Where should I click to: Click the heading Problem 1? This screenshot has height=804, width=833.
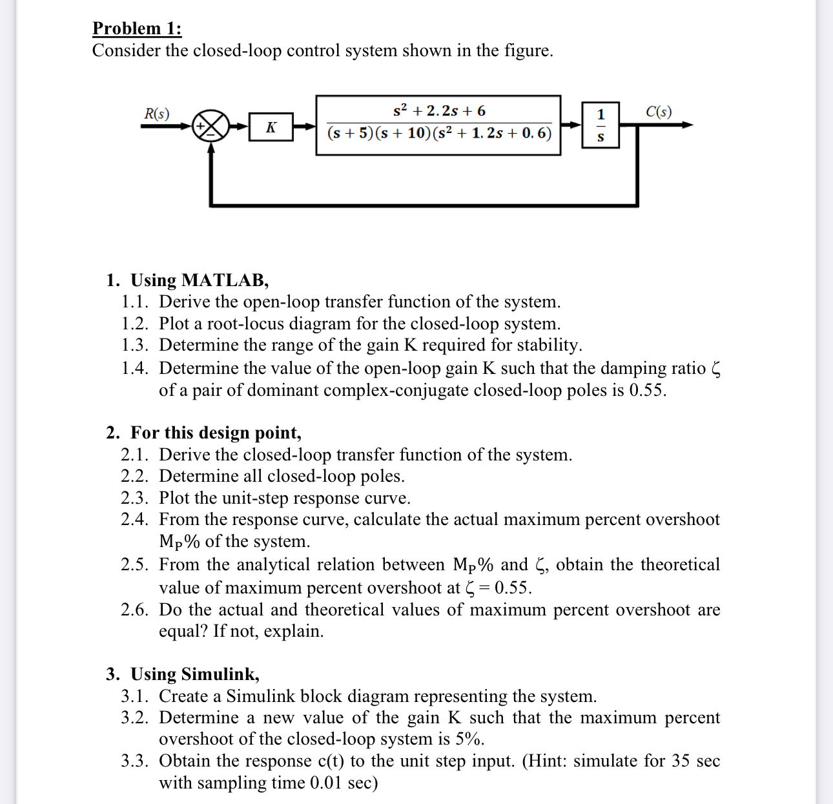pos(137,28)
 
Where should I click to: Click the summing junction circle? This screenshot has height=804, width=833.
pos(211,125)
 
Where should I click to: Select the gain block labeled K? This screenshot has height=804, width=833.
pos(271,126)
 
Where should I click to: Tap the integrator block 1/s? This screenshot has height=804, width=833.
pos(601,125)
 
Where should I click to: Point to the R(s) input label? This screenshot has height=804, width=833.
pos(156,114)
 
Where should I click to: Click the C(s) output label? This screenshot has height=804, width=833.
pos(658,112)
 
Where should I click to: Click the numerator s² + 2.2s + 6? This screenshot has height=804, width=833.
pos(439,110)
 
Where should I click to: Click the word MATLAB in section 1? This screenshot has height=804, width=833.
pos(223,280)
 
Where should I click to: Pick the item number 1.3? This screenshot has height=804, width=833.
pos(135,345)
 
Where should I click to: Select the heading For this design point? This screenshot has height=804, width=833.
pos(216,433)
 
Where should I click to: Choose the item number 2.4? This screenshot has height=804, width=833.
pos(135,520)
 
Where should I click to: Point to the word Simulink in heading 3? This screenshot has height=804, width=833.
pos(219,674)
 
